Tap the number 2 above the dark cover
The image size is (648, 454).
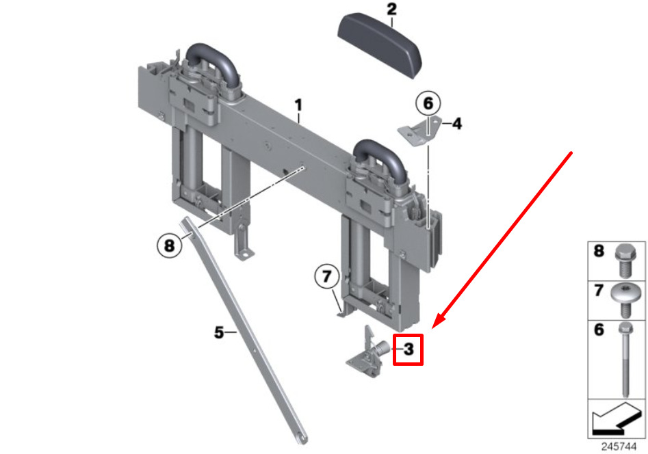pos(391,10)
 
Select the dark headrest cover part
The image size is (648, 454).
pos(380,44)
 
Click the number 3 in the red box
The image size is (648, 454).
pos(408,349)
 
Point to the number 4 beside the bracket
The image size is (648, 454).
pos(456,123)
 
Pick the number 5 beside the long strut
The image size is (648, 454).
pos(218,332)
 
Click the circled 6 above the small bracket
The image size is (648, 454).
pos(428,103)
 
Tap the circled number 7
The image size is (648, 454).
pos(327,276)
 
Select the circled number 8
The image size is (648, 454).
pos(170,245)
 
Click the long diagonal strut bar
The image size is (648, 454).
pos(244,330)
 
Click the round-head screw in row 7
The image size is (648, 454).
pos(625,299)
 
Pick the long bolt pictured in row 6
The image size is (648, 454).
pos(625,358)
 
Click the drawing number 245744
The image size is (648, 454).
pos(619,446)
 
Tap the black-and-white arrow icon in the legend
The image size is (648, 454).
pos(616,418)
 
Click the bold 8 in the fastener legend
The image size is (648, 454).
pos(599,251)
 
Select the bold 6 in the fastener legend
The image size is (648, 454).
pos(599,330)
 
